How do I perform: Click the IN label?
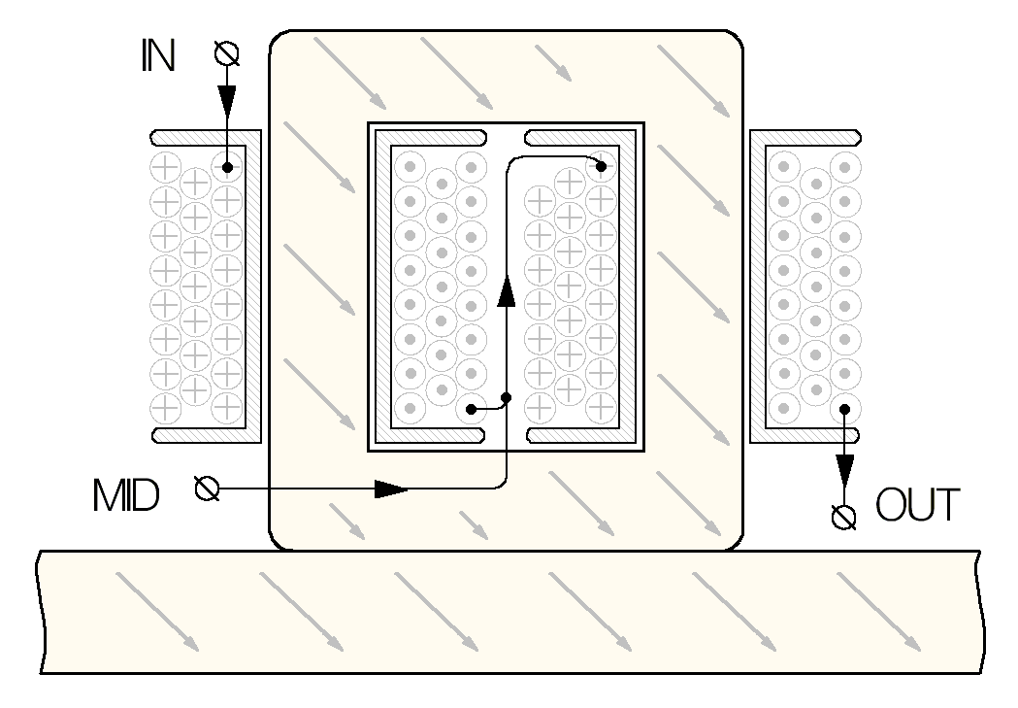(x=155, y=58)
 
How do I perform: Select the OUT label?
(x=918, y=505)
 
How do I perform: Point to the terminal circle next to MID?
(x=207, y=488)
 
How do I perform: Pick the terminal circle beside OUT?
(x=845, y=515)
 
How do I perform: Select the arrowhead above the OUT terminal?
(x=845, y=470)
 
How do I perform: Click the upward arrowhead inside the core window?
(x=506, y=288)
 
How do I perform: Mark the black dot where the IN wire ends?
(x=226, y=167)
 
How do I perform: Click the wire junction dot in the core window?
(x=506, y=397)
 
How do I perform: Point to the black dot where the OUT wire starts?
(x=845, y=409)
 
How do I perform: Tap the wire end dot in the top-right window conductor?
(x=602, y=167)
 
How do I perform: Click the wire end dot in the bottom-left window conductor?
(x=471, y=409)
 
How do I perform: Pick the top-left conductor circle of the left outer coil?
(x=165, y=167)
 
